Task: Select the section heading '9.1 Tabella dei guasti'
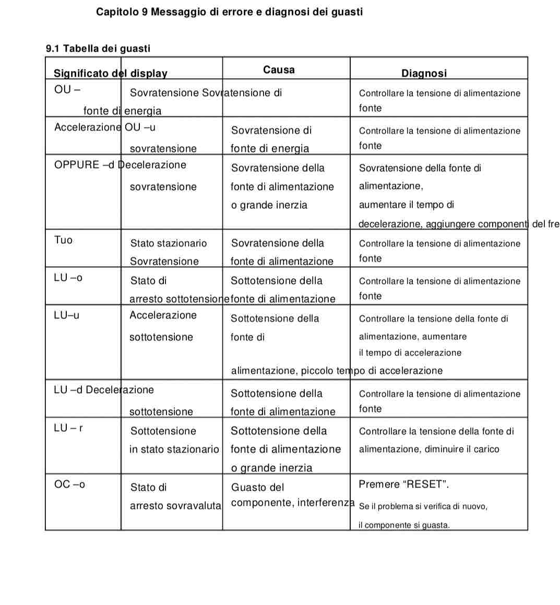(98, 49)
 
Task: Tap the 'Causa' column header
(279, 69)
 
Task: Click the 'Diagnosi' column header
(424, 73)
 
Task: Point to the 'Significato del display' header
(111, 73)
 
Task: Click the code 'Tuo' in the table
(63, 240)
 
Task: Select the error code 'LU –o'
(68, 278)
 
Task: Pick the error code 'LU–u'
(67, 315)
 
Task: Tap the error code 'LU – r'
(68, 428)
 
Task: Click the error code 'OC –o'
(69, 484)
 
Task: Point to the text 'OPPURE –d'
(84, 165)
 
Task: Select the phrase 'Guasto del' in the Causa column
(258, 487)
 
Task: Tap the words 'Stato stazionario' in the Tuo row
(169, 243)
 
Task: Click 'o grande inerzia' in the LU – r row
(272, 468)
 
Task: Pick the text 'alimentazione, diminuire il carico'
(429, 449)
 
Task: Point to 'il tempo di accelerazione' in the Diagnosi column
(410, 352)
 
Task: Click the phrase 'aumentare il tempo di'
(407, 205)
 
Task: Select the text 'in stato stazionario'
(174, 449)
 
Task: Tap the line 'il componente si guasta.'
(404, 525)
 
